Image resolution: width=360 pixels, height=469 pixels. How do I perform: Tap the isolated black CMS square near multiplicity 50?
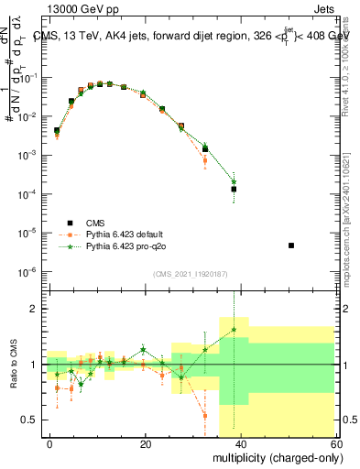tap(291, 245)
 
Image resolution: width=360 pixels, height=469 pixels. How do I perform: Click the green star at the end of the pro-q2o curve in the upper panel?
tap(234, 181)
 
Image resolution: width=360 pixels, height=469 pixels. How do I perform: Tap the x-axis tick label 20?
tap(146, 442)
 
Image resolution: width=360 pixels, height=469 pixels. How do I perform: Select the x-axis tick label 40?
tap(241, 442)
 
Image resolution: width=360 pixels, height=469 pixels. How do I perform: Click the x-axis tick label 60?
tap(336, 442)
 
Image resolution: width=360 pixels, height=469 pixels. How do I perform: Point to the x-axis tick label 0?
tap(49, 442)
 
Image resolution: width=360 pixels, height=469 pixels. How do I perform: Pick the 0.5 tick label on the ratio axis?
tap(30, 420)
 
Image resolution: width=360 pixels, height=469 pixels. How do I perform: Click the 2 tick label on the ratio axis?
tap(35, 310)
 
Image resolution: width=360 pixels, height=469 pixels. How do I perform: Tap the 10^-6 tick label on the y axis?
tap(28, 272)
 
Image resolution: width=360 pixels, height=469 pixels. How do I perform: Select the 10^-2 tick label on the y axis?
tap(28, 116)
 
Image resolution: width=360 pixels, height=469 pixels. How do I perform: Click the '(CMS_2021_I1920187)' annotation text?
tap(191, 273)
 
